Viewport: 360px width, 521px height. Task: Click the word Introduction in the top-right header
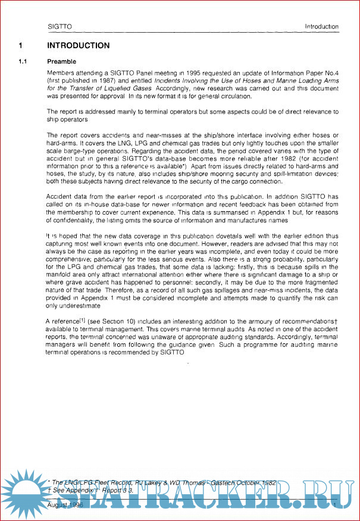point(321,27)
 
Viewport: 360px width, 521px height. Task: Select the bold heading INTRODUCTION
point(78,46)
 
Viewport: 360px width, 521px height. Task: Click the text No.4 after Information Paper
point(330,73)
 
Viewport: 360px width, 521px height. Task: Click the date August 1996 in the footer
point(65,503)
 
